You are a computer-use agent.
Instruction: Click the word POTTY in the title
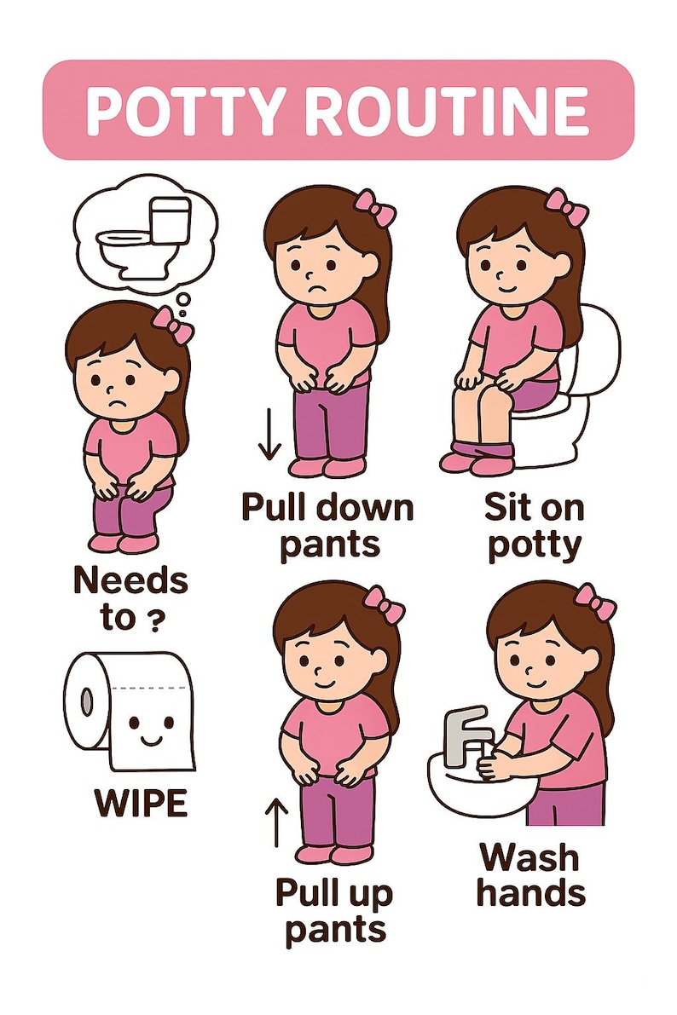pyautogui.click(x=175, y=111)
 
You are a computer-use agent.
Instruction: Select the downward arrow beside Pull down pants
pyautogui.click(x=269, y=435)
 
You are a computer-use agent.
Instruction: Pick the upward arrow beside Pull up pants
pyautogui.click(x=275, y=822)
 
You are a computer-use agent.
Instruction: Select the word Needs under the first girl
pyautogui.click(x=129, y=581)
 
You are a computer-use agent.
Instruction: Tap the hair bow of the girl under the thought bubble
pyautogui.click(x=172, y=325)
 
